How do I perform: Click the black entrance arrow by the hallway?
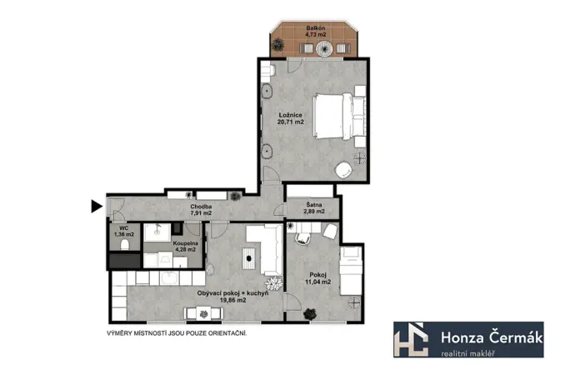click(97, 205)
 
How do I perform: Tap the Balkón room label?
click(315, 32)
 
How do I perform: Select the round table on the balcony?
click(341, 50)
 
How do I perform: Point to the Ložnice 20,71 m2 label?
click(290, 117)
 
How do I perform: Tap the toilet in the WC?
click(122, 244)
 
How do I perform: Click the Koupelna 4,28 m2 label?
click(184, 246)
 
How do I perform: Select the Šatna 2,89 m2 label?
click(312, 213)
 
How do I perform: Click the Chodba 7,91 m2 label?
click(200, 210)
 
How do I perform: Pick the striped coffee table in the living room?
click(249, 259)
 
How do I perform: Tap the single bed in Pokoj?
click(351, 275)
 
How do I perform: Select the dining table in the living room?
click(202, 313)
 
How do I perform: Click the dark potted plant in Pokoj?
click(310, 314)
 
